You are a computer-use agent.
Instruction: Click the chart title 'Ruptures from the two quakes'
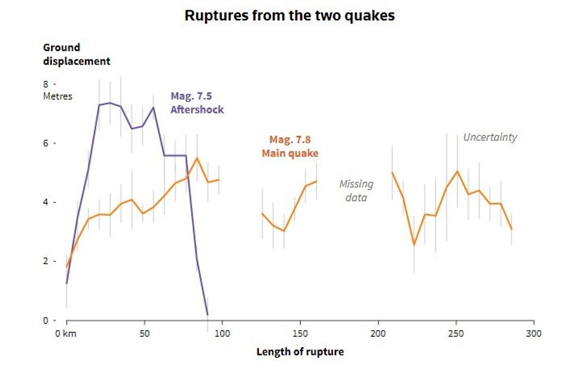tap(289, 16)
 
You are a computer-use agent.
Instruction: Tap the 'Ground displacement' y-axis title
tap(76, 54)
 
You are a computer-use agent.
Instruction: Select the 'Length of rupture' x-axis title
tap(300, 352)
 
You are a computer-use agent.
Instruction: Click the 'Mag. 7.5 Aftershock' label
tap(197, 103)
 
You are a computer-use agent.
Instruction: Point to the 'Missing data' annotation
tap(356, 191)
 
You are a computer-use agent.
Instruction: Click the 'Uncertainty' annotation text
tap(490, 137)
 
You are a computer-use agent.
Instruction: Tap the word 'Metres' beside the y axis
tap(58, 96)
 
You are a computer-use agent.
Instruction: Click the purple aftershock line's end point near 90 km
tap(207, 314)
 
